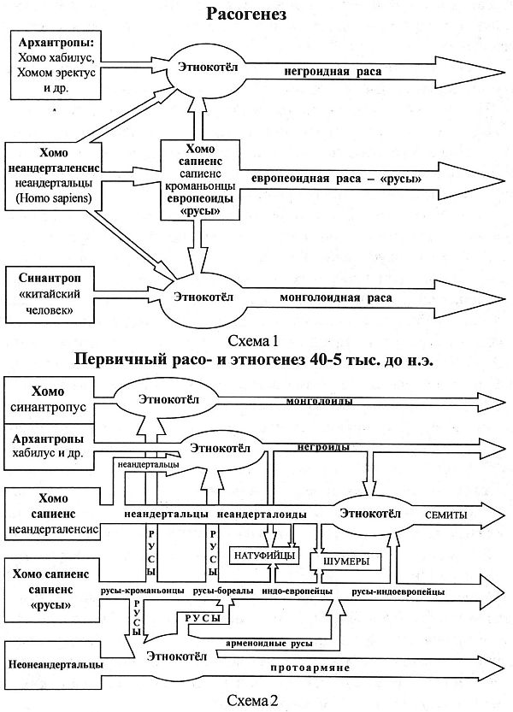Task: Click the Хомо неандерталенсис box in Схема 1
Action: click(x=57, y=176)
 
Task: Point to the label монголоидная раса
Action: click(x=336, y=298)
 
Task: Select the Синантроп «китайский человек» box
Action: click(x=56, y=292)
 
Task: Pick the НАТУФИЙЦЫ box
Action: click(x=264, y=556)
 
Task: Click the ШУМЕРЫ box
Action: click(x=346, y=561)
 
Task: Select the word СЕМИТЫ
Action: click(x=445, y=515)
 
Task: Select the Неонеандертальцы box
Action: click(x=56, y=663)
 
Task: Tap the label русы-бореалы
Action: click(x=221, y=591)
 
